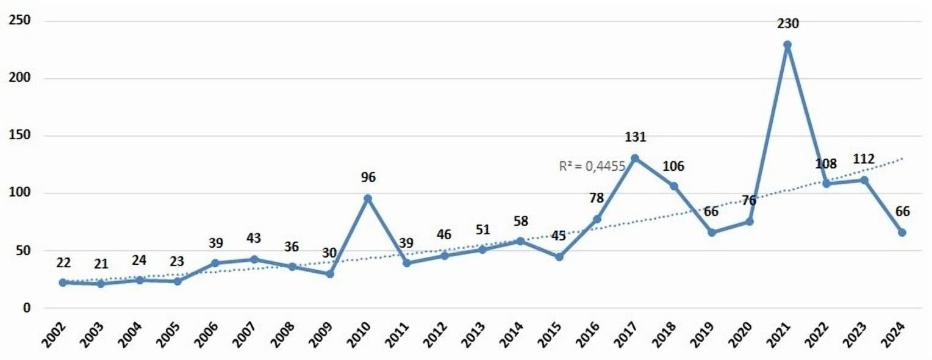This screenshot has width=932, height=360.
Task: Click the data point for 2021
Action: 787,45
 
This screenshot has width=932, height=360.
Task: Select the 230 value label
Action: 788,24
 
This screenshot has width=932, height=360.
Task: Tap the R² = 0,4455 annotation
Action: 592,165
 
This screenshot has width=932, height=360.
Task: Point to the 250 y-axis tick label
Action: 20,21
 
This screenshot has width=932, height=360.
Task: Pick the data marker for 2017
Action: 635,158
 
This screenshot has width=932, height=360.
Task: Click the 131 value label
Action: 635,137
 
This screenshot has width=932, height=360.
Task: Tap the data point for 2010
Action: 368,198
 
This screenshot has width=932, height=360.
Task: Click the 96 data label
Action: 368,178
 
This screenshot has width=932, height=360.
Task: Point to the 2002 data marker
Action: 63,283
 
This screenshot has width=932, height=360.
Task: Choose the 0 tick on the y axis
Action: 27,308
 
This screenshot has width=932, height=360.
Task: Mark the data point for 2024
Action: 902,232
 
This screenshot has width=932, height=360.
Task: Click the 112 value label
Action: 864,159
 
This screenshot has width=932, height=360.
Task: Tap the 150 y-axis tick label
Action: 20,136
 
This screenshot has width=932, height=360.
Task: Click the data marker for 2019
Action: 711,232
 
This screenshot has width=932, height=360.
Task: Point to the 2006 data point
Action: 215,263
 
